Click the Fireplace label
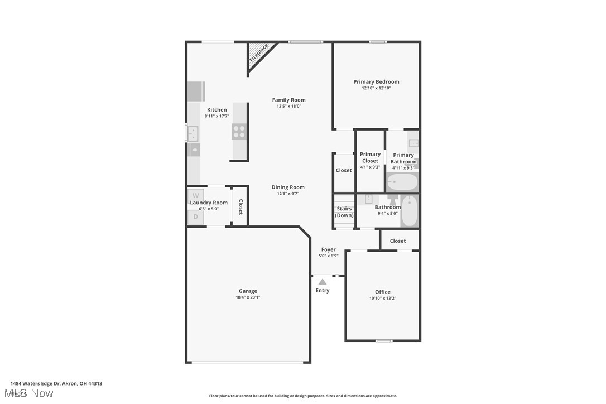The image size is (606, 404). click(258, 52)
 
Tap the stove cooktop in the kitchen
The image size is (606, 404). click(239, 132)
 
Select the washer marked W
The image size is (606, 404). click(195, 195)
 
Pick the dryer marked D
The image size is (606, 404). click(195, 217)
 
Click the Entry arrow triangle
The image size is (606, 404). click(323, 282)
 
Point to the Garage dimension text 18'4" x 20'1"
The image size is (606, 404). click(248, 297)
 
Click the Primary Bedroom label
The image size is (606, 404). click(376, 81)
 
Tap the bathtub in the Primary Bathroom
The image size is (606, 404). click(402, 182)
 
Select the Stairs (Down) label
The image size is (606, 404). click(344, 212)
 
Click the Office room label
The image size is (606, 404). click(383, 292)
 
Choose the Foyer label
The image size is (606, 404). click(328, 249)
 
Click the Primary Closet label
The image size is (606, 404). click(370, 157)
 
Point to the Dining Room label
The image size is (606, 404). click(288, 187)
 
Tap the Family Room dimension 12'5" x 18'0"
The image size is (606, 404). click(288, 106)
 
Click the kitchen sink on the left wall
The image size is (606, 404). click(192, 133)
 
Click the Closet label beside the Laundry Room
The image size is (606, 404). click(241, 207)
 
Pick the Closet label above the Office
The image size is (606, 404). click(398, 241)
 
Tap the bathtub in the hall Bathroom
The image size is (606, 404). click(409, 211)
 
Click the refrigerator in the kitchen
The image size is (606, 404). click(196, 91)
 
